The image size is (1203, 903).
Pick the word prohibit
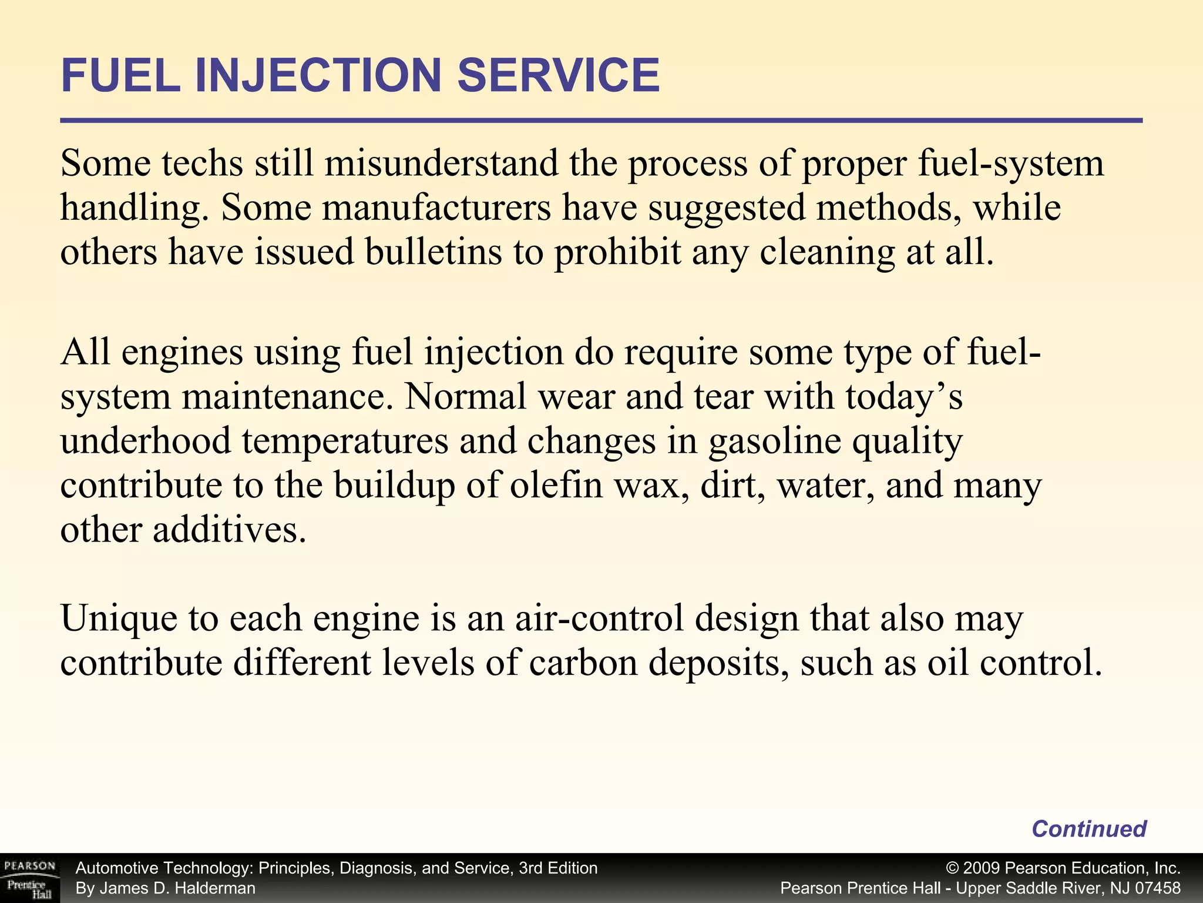tap(617, 252)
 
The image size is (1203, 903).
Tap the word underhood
tap(146, 441)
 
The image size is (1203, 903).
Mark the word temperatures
tap(345, 441)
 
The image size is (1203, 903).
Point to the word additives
tap(230, 530)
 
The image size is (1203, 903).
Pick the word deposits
tap(718, 663)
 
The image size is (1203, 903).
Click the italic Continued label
tap(1088, 828)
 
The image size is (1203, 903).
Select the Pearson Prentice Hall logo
tap(29, 878)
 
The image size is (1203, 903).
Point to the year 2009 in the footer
tap(982, 868)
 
